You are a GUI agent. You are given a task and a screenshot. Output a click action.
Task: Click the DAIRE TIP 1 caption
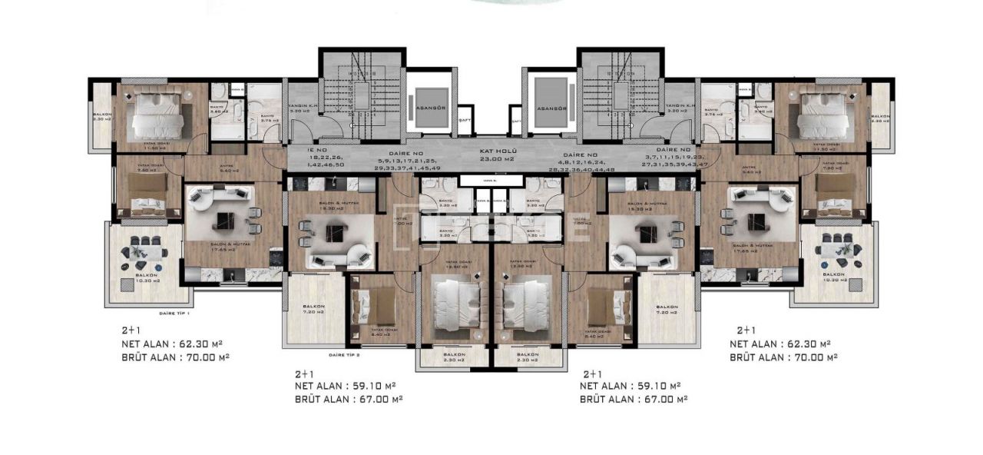[174, 314]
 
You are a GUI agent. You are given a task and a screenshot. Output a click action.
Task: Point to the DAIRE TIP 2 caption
[344, 355]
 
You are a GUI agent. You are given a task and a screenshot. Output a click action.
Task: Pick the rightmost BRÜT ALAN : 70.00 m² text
[783, 357]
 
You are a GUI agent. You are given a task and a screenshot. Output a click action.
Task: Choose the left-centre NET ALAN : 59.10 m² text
[345, 386]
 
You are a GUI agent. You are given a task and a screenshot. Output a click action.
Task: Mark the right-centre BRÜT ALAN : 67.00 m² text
[633, 399]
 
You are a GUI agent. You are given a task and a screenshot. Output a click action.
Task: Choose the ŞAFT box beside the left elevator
[465, 119]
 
